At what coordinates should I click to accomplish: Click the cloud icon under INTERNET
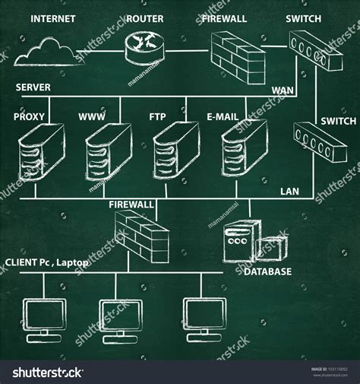point(46,51)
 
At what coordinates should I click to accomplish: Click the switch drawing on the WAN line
point(312,51)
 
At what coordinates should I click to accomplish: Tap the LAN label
point(290,192)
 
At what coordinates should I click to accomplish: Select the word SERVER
point(33,87)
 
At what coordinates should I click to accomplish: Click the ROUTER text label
point(144,18)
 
